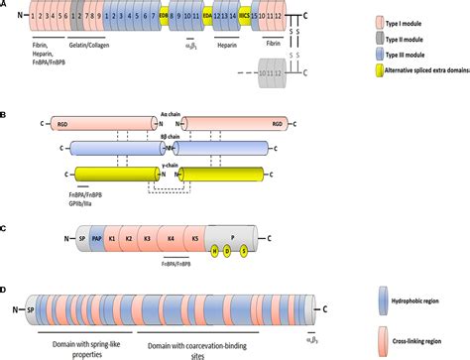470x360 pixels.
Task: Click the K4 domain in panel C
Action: point(171,239)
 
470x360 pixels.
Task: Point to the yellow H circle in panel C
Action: point(213,250)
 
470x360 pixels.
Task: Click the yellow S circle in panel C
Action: point(243,250)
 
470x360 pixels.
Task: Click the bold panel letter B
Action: point(6,115)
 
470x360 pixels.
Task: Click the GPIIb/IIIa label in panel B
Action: point(82,198)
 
